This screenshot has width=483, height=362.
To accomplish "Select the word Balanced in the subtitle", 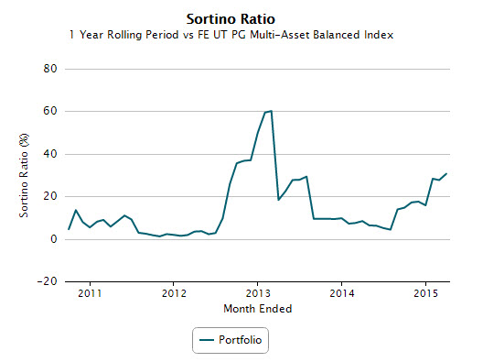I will pos(343,35).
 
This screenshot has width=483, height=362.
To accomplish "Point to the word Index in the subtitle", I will pos(389,35).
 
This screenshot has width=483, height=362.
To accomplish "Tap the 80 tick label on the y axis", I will pos(50,69).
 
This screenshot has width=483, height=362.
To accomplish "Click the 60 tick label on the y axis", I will pos(50,112).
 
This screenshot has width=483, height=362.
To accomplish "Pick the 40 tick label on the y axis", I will pos(50,154).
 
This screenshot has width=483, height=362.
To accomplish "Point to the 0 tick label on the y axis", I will pos(54,239).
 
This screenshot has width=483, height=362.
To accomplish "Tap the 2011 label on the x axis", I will pos(90,293).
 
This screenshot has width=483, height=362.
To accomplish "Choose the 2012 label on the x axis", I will pos(174,293).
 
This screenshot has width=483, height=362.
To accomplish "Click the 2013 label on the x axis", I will pos(258,293).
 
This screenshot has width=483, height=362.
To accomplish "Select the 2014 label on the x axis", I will pos(342,293).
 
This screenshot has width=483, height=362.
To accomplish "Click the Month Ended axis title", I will pos(258,309).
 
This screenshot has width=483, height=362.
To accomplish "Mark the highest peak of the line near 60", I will pos(271,111).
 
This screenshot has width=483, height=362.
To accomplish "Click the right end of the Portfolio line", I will pos(446,173).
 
